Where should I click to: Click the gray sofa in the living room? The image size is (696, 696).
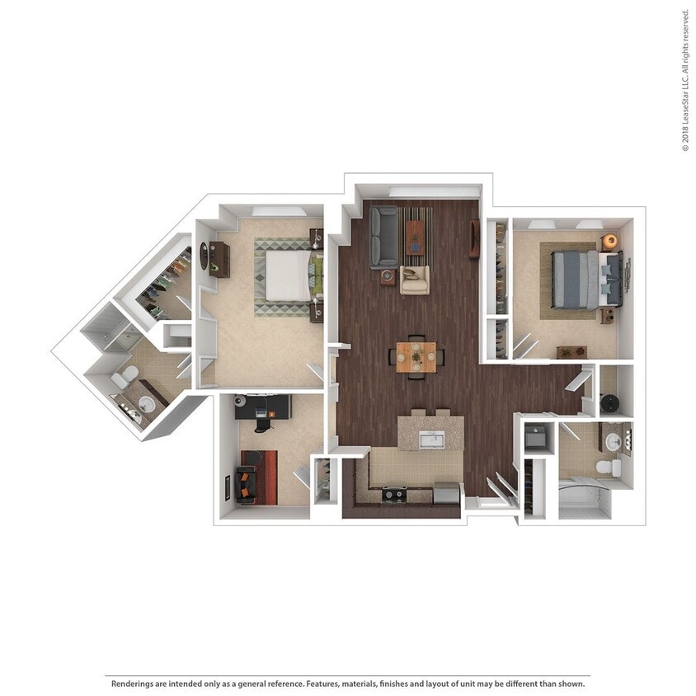(x=383, y=236)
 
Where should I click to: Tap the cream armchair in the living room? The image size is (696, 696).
(x=415, y=280)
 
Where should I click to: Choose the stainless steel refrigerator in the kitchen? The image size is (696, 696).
(x=446, y=493)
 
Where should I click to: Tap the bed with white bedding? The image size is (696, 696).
(x=285, y=275)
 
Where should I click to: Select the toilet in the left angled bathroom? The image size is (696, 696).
(x=124, y=379)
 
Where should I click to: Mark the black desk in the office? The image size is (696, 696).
(x=262, y=407)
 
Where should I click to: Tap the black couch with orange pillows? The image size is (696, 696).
(x=246, y=485)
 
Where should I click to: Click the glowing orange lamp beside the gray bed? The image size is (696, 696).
(x=609, y=241)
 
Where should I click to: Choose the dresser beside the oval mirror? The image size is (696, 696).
(x=219, y=259)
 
